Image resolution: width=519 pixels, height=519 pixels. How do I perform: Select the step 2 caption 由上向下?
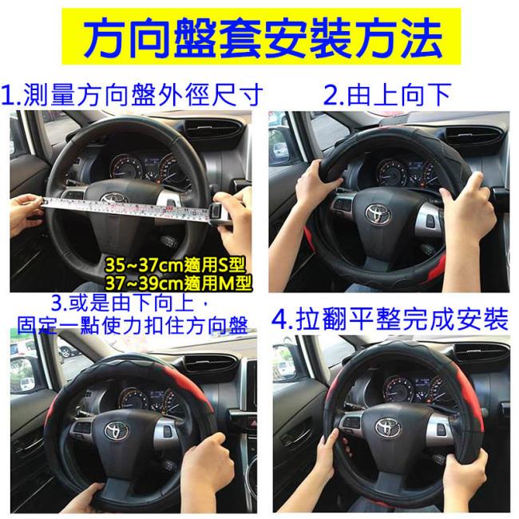399,95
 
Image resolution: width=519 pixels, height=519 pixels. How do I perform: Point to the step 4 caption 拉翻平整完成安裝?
402,319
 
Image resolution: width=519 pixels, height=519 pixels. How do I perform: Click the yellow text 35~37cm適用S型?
175,264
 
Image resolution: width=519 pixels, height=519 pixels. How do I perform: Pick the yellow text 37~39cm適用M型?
178,283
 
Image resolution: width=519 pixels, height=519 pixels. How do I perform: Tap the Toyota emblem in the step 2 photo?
378,213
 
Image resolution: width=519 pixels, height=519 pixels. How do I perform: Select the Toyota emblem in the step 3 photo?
117,430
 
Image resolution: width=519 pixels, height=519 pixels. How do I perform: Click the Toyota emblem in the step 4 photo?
387,427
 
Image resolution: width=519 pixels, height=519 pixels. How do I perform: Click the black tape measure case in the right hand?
219,215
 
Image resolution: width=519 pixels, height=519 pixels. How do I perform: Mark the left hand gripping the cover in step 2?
316,185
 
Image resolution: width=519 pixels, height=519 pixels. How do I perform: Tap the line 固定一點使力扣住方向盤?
133,326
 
